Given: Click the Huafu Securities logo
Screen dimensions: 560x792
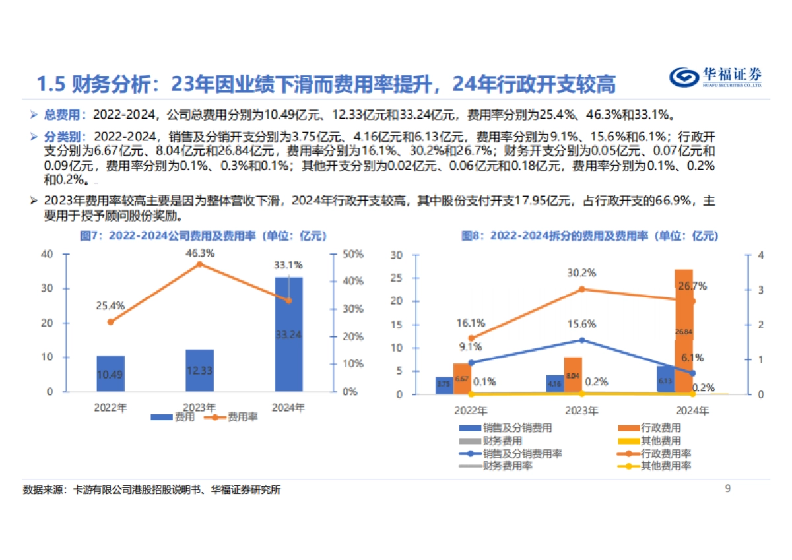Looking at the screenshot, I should [715, 77].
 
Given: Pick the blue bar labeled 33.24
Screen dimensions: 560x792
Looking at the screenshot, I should [288, 334].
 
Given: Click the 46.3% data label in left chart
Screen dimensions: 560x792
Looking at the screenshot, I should [199, 252].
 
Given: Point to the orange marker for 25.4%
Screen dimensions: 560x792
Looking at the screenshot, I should [110, 322].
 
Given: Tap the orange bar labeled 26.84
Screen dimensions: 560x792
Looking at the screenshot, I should [684, 332].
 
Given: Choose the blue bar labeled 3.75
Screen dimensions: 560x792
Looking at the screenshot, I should [444, 386].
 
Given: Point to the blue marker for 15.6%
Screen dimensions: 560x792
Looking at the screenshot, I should [582, 340].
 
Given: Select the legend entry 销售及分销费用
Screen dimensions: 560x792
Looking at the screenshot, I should [508, 428].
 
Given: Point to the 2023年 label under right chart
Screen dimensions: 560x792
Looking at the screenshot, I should [582, 410].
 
